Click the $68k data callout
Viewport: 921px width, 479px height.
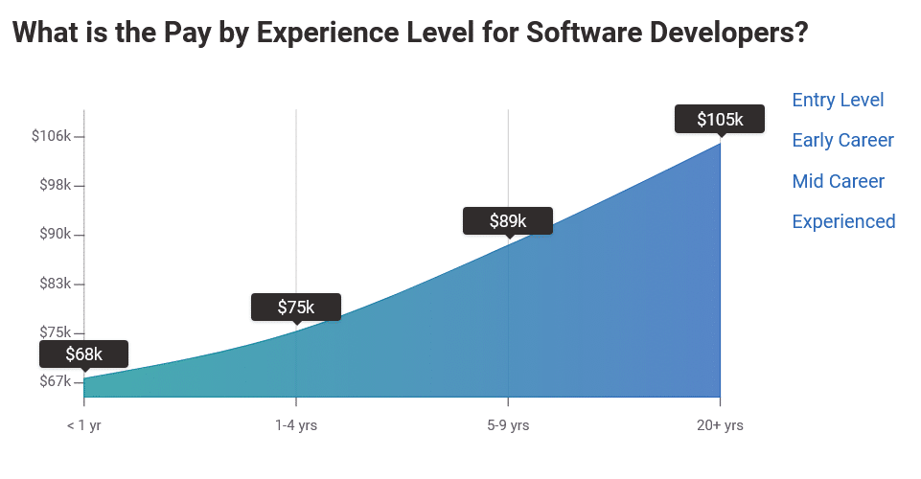coord(83,354)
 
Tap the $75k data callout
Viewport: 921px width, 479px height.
coord(296,307)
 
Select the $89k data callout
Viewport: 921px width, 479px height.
coord(508,220)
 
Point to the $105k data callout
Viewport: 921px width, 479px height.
coord(720,119)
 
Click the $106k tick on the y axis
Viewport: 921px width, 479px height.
coord(52,136)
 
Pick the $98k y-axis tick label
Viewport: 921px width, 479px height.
coord(54,185)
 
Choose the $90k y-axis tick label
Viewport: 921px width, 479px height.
coord(54,235)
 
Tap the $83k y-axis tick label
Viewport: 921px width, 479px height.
coord(54,284)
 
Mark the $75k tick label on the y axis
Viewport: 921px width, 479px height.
coord(54,332)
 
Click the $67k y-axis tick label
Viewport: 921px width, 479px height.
coord(54,382)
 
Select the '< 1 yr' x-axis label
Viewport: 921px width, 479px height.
coord(84,425)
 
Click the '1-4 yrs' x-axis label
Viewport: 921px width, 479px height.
coord(296,425)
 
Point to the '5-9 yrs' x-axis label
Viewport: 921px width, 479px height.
coord(508,425)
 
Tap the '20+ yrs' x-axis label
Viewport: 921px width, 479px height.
coord(720,425)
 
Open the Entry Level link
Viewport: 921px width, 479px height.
coord(838,100)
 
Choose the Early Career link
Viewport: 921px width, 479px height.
coord(842,140)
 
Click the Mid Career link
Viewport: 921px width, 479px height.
coord(838,181)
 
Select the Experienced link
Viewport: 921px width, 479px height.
coord(843,221)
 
